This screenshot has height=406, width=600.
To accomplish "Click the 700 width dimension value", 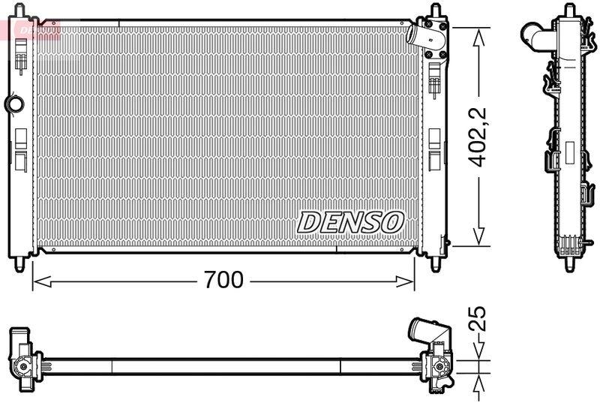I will [x=224, y=281].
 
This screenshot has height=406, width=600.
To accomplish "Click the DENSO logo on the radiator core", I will [x=351, y=221].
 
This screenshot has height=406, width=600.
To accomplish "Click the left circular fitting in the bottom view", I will [x=22, y=367].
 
